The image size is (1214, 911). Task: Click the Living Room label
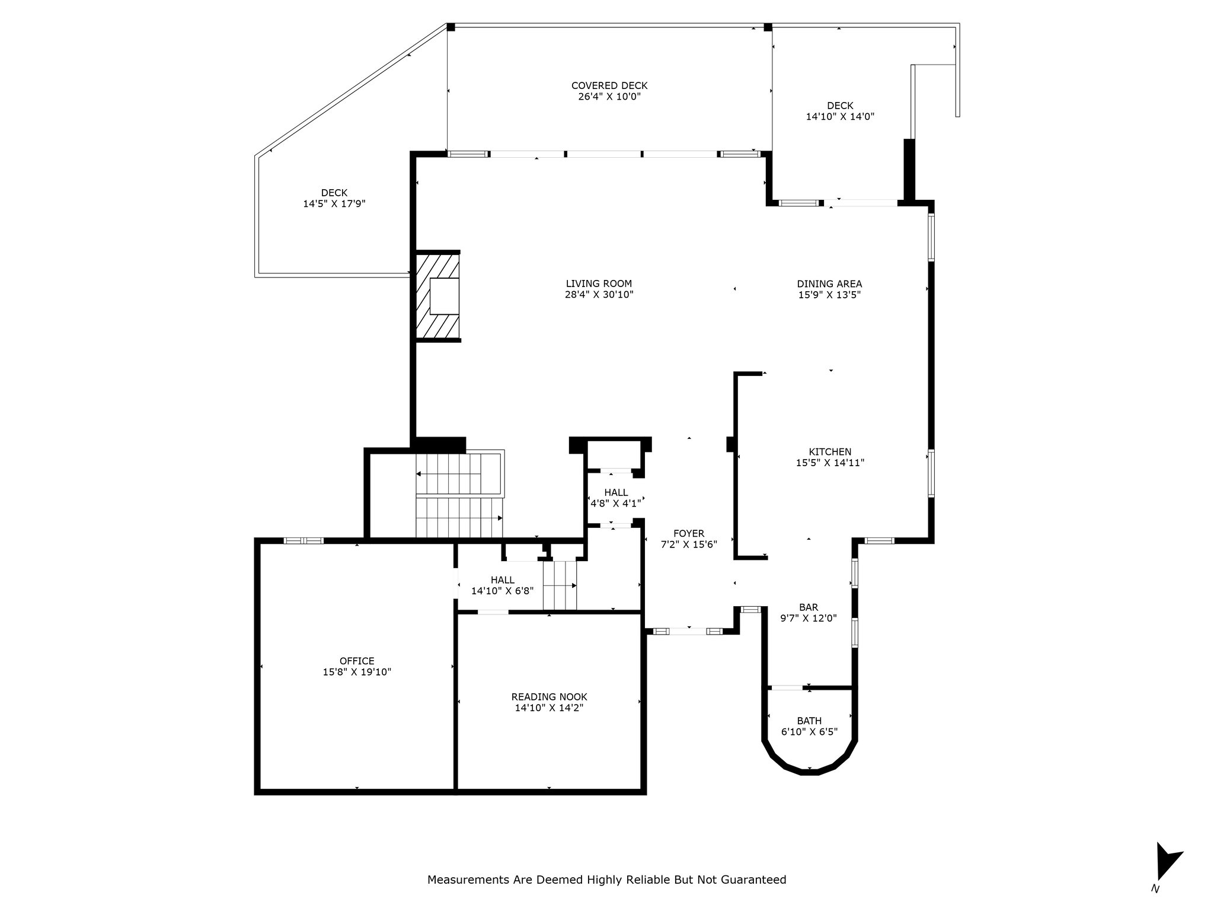pyautogui.click(x=599, y=284)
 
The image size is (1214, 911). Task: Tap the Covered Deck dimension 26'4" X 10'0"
pyautogui.click(x=609, y=97)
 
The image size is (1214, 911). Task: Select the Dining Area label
pyautogui.click(x=829, y=284)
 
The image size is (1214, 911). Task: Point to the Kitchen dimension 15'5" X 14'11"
pyautogui.click(x=830, y=463)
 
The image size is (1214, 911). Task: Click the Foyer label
pyautogui.click(x=689, y=534)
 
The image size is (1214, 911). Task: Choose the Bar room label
pyautogui.click(x=809, y=607)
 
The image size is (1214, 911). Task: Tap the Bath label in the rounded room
pyautogui.click(x=809, y=721)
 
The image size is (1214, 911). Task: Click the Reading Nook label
pyautogui.click(x=550, y=697)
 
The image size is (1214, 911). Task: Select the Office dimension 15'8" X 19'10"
pyautogui.click(x=357, y=672)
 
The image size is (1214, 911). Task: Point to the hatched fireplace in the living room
pyautogui.click(x=437, y=296)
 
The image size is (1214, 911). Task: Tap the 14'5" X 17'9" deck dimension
pyautogui.click(x=334, y=203)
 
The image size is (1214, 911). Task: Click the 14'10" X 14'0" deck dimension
pyautogui.click(x=840, y=117)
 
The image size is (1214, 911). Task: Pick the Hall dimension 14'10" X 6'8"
pyautogui.click(x=502, y=591)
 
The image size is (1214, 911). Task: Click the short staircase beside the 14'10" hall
pyautogui.click(x=560, y=585)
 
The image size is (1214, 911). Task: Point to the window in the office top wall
pyautogui.click(x=303, y=540)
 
